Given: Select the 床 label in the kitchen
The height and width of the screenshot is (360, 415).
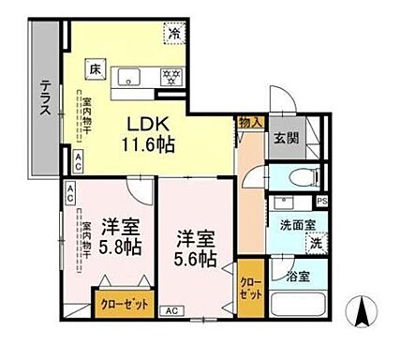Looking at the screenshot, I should [x=96, y=67].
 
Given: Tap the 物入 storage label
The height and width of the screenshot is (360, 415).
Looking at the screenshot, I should [x=248, y=121].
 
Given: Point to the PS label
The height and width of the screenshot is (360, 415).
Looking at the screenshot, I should [x=321, y=202].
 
